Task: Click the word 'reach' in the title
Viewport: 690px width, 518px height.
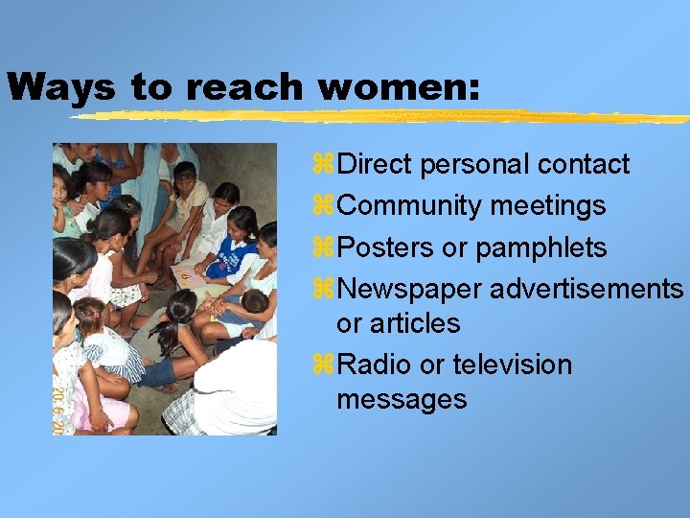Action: [243, 87]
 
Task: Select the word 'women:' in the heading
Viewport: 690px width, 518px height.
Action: [399, 87]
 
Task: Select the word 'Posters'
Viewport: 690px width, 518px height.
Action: [385, 247]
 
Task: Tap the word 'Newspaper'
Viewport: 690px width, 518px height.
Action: [409, 289]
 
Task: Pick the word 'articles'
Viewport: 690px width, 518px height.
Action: [415, 324]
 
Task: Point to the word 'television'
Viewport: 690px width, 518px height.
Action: [512, 365]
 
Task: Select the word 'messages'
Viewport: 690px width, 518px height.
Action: [402, 399]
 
